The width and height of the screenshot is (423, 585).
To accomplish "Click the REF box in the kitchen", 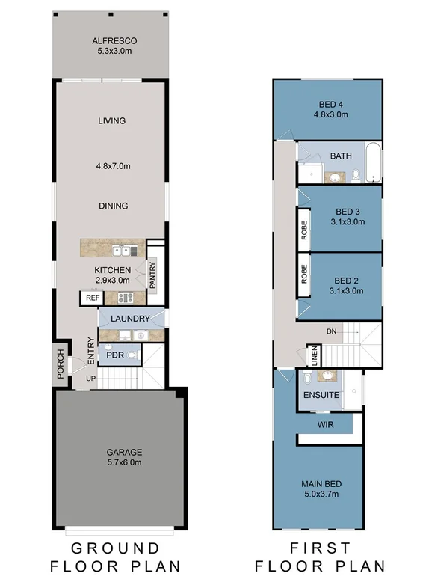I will (93, 298).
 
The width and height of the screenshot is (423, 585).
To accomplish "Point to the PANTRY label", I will (152, 275).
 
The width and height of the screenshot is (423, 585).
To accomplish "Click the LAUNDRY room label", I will (130, 319).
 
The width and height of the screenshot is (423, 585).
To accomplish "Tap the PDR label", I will (114, 355).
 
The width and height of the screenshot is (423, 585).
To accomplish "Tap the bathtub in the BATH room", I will (373, 164).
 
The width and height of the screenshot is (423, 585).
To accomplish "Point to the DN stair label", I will (331, 331).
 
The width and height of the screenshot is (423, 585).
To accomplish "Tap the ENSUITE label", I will (321, 394).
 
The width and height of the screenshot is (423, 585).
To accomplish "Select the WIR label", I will (324, 424).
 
